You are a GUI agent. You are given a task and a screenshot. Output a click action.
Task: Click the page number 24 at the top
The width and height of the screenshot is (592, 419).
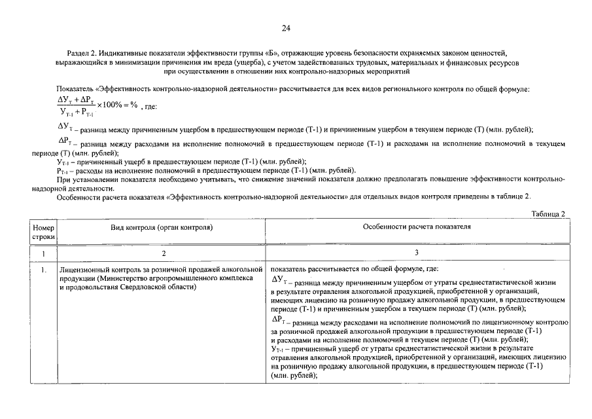(x=286, y=28)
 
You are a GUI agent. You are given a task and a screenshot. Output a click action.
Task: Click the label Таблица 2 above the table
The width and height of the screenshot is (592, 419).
(x=548, y=213)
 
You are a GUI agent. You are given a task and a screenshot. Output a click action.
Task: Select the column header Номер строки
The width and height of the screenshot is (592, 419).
(x=43, y=231)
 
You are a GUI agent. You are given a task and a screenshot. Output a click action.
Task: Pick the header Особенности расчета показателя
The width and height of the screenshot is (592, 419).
(x=417, y=227)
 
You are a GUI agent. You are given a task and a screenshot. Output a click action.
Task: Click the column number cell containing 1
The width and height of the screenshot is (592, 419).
(x=43, y=252)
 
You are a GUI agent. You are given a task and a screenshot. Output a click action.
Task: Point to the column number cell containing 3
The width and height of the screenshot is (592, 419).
(x=417, y=252)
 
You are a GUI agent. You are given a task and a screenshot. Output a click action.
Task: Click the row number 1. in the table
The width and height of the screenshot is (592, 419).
(x=42, y=269)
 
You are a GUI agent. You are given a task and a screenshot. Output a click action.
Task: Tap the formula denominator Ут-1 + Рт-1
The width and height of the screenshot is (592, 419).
(x=77, y=112)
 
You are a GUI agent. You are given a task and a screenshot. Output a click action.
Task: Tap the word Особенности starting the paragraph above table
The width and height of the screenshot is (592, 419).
(x=79, y=196)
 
